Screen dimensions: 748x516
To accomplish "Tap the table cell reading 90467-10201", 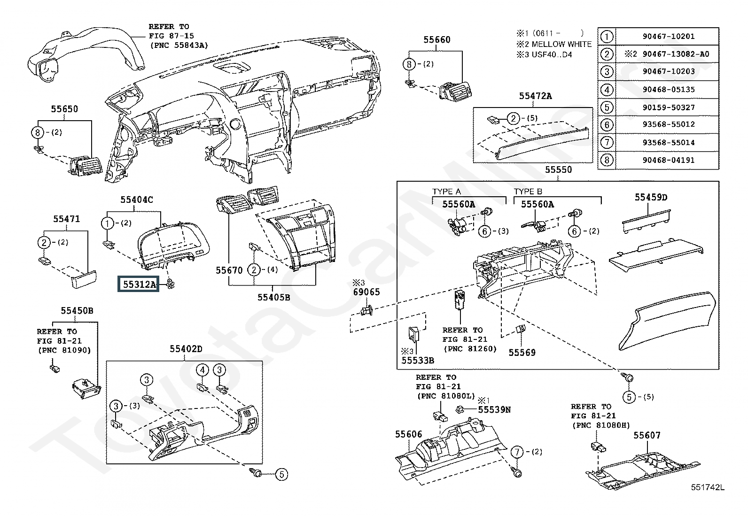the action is (x=668, y=36).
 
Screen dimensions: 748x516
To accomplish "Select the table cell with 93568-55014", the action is (x=668, y=143).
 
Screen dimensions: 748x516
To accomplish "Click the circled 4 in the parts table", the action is (x=607, y=90).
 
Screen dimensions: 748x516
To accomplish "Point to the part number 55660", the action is (x=437, y=40).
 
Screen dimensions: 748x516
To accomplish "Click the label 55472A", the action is (x=535, y=96).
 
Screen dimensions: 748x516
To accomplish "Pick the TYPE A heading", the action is (x=446, y=192).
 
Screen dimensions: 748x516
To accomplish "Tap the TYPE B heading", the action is (x=528, y=192).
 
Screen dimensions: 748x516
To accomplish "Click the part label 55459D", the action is (x=651, y=197).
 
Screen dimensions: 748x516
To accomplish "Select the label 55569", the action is (x=522, y=353).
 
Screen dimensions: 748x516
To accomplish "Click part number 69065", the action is (x=366, y=292).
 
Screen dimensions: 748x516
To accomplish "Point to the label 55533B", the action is (x=417, y=361).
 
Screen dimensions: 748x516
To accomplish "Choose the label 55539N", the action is (x=494, y=409).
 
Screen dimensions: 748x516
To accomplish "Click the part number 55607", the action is (x=647, y=435).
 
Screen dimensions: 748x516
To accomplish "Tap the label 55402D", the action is (x=186, y=349).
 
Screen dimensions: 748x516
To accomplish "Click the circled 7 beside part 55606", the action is (x=517, y=452).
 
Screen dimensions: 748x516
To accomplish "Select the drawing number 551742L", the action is (x=708, y=487).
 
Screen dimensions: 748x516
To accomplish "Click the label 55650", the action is (x=64, y=109).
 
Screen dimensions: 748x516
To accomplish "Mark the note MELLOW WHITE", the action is (x=561, y=44).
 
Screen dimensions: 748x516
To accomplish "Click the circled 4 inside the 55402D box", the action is (x=202, y=370).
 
